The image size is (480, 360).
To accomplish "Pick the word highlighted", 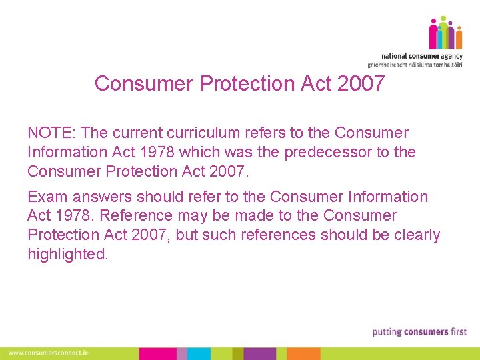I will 67,254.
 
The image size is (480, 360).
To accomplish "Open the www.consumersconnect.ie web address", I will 48,353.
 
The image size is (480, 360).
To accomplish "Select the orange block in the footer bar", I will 304,353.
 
